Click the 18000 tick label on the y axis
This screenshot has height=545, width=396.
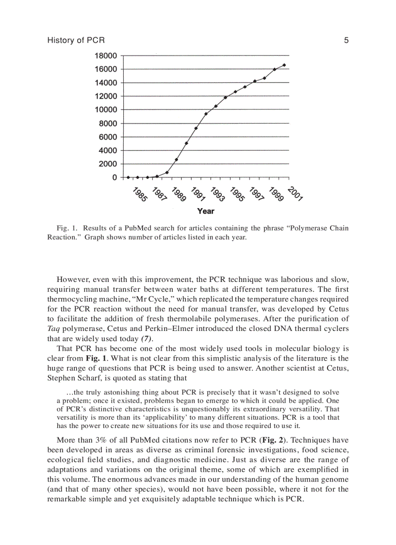(x=105, y=55)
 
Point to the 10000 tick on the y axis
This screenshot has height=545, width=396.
(x=105, y=110)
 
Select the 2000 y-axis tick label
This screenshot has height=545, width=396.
(x=108, y=164)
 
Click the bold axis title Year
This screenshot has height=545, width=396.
(x=205, y=211)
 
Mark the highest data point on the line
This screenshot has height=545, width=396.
(x=284, y=65)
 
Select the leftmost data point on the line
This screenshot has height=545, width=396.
(x=128, y=177)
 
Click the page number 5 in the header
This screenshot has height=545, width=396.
(x=346, y=41)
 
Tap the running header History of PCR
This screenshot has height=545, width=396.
(x=76, y=41)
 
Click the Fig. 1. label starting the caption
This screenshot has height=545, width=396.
(x=67, y=228)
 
